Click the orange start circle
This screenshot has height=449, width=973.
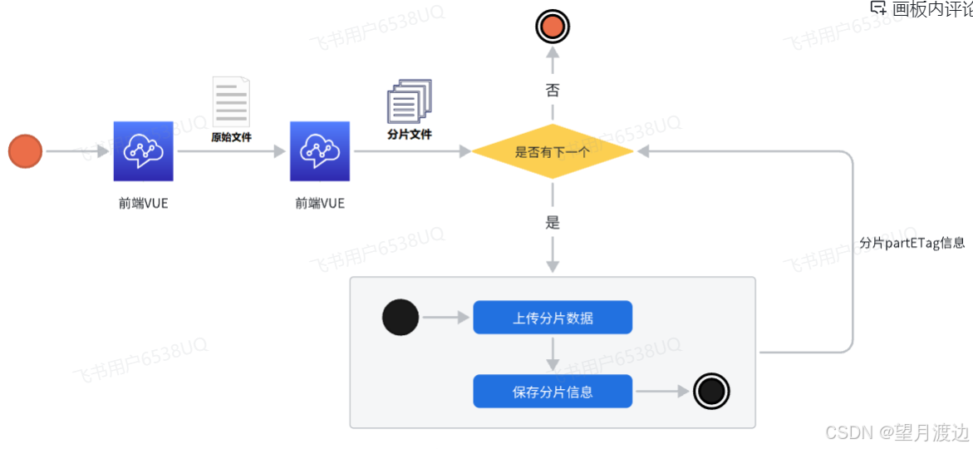(x=25, y=151)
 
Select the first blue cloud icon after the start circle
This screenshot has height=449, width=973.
(x=143, y=151)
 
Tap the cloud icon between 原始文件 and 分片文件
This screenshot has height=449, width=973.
(x=320, y=151)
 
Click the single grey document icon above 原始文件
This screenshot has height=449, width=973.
(x=231, y=101)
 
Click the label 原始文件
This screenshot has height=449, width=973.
(x=231, y=137)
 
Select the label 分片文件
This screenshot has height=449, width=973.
(x=410, y=133)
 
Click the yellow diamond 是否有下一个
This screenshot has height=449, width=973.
(x=553, y=151)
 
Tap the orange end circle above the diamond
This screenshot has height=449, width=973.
(x=553, y=27)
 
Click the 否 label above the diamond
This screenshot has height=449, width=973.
(x=553, y=90)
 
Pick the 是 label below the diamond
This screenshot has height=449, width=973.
(x=553, y=223)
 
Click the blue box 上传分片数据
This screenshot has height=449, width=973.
(x=553, y=318)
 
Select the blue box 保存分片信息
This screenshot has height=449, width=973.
(x=553, y=392)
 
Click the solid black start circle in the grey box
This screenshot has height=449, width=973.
(x=401, y=318)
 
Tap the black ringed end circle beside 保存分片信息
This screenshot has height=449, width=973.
(x=711, y=392)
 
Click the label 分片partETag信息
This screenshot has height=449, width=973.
(x=912, y=244)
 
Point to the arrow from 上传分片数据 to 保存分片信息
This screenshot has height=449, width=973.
(x=553, y=354)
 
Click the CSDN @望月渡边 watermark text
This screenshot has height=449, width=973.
(x=897, y=433)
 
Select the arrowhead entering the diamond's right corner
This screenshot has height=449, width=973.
(x=644, y=151)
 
